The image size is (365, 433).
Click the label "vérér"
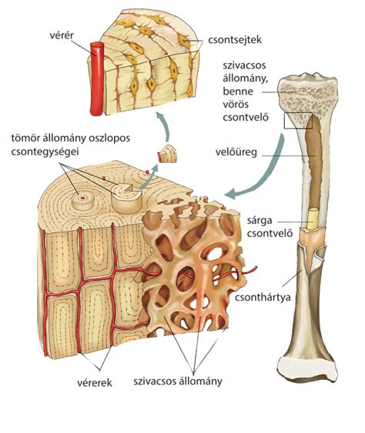pyautogui.click(x=62, y=35)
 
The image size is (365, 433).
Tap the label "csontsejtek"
pyautogui.click(x=235, y=40)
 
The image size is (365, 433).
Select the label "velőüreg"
pyautogui.click(x=236, y=152)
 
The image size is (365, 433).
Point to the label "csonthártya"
pyautogui.click(x=263, y=297)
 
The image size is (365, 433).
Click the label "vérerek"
pyautogui.click(x=95, y=382)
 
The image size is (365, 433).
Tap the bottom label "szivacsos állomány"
pyautogui.click(x=178, y=381)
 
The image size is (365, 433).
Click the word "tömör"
pyautogui.click(x=24, y=138)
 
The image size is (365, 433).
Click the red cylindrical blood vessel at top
pyautogui.click(x=97, y=79)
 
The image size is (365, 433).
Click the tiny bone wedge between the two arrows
pyautogui.click(x=167, y=154)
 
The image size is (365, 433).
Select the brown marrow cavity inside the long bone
pyautogui.click(x=314, y=163)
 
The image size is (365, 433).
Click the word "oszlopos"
pyautogui.click(x=109, y=138)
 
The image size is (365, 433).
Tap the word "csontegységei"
pyautogui.click(x=45, y=152)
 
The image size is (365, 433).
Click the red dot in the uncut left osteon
pyautogui.click(x=82, y=198)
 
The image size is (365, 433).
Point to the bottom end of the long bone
pyautogui.click(x=307, y=368)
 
